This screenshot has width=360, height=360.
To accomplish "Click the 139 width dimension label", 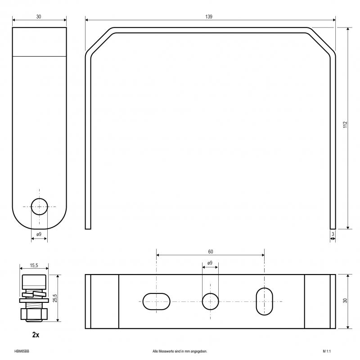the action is (x=209, y=17).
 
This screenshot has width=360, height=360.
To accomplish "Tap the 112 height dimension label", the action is (x=345, y=125).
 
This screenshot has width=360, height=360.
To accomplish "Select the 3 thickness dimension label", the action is (x=333, y=234).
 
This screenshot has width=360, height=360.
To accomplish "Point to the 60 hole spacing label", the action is (x=211, y=252).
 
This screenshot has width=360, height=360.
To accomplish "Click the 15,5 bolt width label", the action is (x=34, y=265).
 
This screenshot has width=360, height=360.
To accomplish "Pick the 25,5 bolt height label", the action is (x=55, y=298).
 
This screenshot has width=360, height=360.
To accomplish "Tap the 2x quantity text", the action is (x=36, y=335).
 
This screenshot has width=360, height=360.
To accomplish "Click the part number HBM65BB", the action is (x=22, y=351).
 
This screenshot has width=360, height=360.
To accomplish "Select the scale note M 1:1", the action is (x=327, y=351).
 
